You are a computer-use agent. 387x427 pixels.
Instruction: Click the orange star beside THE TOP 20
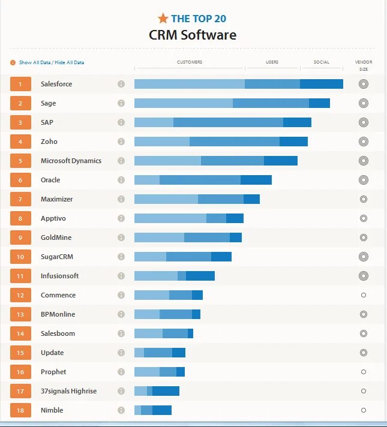click(163, 18)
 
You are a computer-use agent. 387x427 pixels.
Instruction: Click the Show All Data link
click(34, 62)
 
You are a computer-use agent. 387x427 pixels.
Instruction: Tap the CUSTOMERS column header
click(190, 62)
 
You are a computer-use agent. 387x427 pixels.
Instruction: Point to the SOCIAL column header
click(322, 62)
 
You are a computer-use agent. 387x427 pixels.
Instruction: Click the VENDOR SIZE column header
click(364, 65)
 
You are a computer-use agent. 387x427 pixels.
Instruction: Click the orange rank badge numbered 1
click(20, 84)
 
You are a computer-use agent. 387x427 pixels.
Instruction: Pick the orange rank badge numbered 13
click(20, 314)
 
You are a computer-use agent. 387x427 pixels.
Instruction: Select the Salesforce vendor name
click(56, 84)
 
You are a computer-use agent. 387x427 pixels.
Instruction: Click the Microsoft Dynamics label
click(71, 161)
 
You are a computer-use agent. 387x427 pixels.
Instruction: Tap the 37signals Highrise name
click(68, 391)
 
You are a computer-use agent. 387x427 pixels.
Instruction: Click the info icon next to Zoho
click(121, 142)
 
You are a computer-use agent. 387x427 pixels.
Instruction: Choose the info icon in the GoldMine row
click(121, 237)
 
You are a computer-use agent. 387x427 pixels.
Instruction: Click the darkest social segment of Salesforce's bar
click(322, 84)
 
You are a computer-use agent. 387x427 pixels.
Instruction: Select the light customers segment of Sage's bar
click(183, 103)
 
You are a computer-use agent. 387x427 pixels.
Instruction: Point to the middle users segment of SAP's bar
click(228, 122)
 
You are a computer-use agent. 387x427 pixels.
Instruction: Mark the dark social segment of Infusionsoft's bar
click(200, 276)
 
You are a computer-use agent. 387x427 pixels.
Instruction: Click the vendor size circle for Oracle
click(363, 180)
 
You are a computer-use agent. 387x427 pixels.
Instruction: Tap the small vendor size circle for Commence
click(364, 295)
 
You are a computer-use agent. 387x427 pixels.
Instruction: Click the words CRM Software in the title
click(193, 35)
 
